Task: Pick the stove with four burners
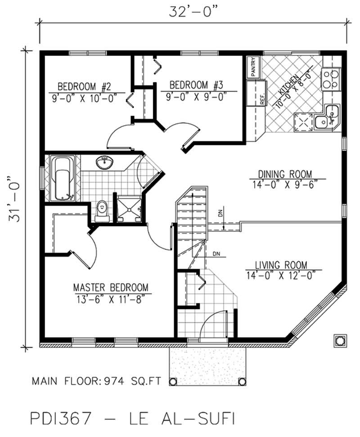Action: (331, 78)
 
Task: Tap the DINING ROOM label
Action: (284, 174)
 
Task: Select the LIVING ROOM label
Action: (281, 265)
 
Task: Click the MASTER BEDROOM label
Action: (111, 287)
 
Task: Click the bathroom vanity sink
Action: (105, 162)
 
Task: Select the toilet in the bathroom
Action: (103, 210)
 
